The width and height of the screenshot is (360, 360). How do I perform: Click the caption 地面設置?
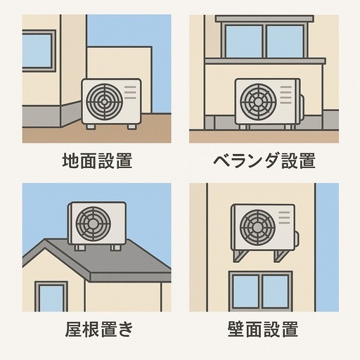pos(98,161)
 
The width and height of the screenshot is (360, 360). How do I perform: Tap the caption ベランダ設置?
pos(264,161)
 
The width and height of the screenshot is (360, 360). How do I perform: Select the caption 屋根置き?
pos(99,329)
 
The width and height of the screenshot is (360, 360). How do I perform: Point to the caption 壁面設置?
pos(263,329)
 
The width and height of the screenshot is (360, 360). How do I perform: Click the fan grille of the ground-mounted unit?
pos(105,102)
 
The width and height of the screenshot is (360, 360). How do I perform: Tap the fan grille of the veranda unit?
pos(258,101)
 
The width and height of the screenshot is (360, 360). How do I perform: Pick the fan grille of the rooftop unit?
pos(93,224)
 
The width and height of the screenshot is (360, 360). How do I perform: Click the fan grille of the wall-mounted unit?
pos(257,227)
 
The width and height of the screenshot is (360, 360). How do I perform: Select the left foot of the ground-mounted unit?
pos(91,127)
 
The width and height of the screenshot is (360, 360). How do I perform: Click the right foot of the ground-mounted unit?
pos(131,127)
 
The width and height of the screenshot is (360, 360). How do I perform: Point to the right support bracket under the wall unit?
pos(282,256)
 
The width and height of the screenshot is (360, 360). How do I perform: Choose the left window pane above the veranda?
pos(244,41)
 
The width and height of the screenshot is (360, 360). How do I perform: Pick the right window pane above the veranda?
pos(285,41)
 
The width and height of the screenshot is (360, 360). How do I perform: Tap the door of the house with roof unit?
pos(51,297)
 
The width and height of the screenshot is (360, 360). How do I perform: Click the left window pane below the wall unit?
pos(246,292)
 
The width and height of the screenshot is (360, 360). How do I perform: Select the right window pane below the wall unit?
pos(276,292)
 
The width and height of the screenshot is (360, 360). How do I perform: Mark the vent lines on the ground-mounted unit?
pos(130,92)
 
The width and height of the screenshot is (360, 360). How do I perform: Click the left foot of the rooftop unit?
pos(79,248)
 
